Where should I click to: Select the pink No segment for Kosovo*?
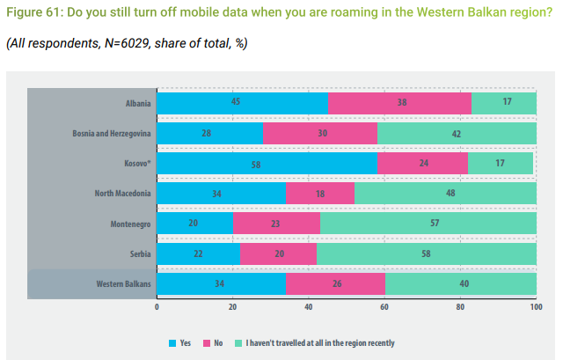click(x=422, y=164)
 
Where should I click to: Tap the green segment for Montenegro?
click(x=428, y=224)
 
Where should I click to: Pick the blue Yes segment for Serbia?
click(x=198, y=253)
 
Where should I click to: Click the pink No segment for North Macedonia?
click(x=320, y=194)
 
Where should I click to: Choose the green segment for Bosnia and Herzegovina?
click(x=457, y=134)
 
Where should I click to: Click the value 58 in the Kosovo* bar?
click(x=267, y=164)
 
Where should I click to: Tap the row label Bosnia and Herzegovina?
click(x=112, y=134)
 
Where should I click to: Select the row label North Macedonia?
click(x=123, y=194)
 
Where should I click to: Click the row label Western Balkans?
click(x=124, y=283)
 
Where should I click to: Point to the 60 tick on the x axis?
click(x=384, y=306)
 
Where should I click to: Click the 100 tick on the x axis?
click(x=536, y=306)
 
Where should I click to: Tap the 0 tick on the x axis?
click(x=157, y=306)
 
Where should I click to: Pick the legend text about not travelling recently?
click(x=320, y=342)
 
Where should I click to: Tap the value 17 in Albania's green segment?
click(x=507, y=103)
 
